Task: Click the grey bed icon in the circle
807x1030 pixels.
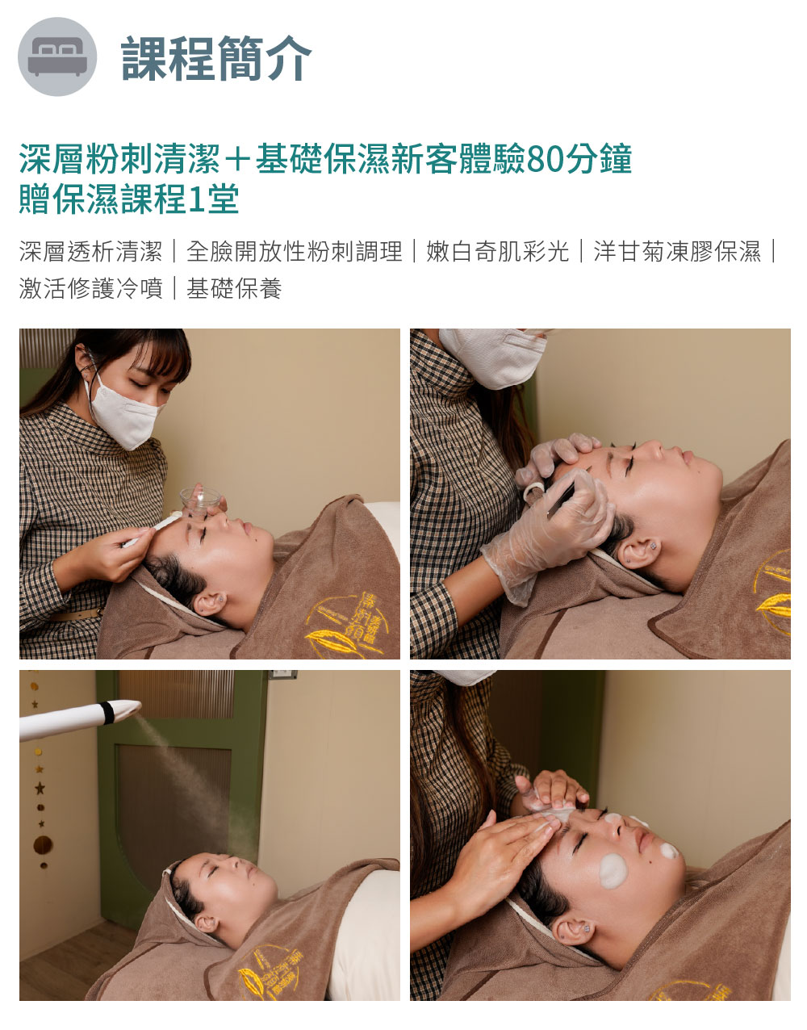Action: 57,57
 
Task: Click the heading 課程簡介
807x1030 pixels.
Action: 216,58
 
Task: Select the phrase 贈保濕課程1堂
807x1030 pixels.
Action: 129,199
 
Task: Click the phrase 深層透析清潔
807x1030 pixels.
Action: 91,251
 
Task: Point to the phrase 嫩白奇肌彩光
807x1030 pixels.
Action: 497,251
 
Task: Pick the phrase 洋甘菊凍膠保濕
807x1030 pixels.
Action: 677,251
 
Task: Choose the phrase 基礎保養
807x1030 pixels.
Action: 234,288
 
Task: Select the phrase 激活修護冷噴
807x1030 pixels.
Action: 91,288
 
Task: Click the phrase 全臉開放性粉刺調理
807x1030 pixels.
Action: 295,251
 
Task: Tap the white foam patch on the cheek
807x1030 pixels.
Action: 613,870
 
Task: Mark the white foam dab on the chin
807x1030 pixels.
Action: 669,851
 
